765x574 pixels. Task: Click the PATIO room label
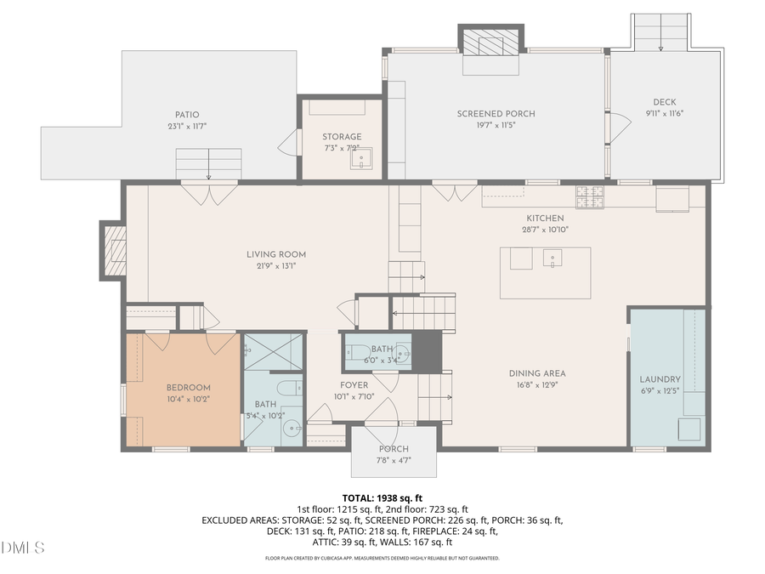(187, 115)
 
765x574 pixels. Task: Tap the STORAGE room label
(342, 137)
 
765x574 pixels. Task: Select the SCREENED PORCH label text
(496, 114)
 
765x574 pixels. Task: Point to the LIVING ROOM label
(276, 254)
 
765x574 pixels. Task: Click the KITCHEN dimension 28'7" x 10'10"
(545, 229)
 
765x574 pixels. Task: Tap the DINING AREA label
(537, 373)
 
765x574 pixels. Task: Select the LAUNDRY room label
(660, 379)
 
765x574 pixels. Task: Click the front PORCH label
(394, 449)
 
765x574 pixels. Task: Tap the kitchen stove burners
(590, 196)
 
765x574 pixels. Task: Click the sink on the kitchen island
(553, 259)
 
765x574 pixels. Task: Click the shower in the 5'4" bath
(273, 352)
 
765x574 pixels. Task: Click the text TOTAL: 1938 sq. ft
(382, 497)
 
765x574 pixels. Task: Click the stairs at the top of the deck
(660, 32)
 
